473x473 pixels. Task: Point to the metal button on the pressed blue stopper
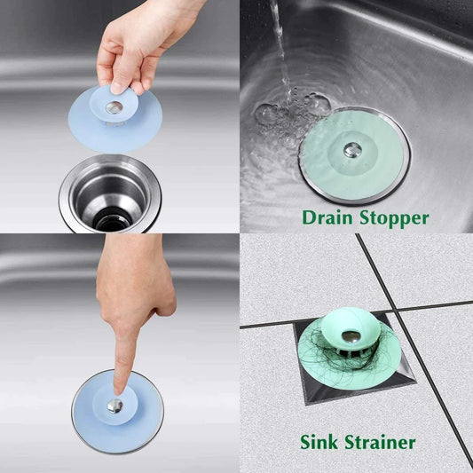click(x=116, y=406)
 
